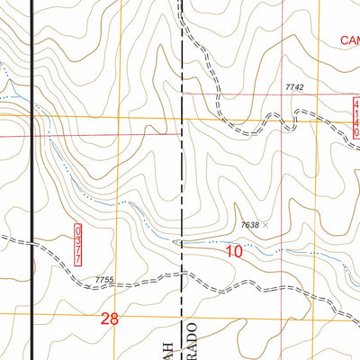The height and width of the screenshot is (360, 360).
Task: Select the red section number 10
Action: [x=234, y=252]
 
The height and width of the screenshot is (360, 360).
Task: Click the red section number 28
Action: [x=110, y=319]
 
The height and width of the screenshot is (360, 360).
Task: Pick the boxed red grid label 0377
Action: [x=77, y=245]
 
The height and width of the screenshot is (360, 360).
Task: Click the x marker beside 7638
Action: [x=266, y=224]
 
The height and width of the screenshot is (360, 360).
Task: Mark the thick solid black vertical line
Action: [x=33, y=180]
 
